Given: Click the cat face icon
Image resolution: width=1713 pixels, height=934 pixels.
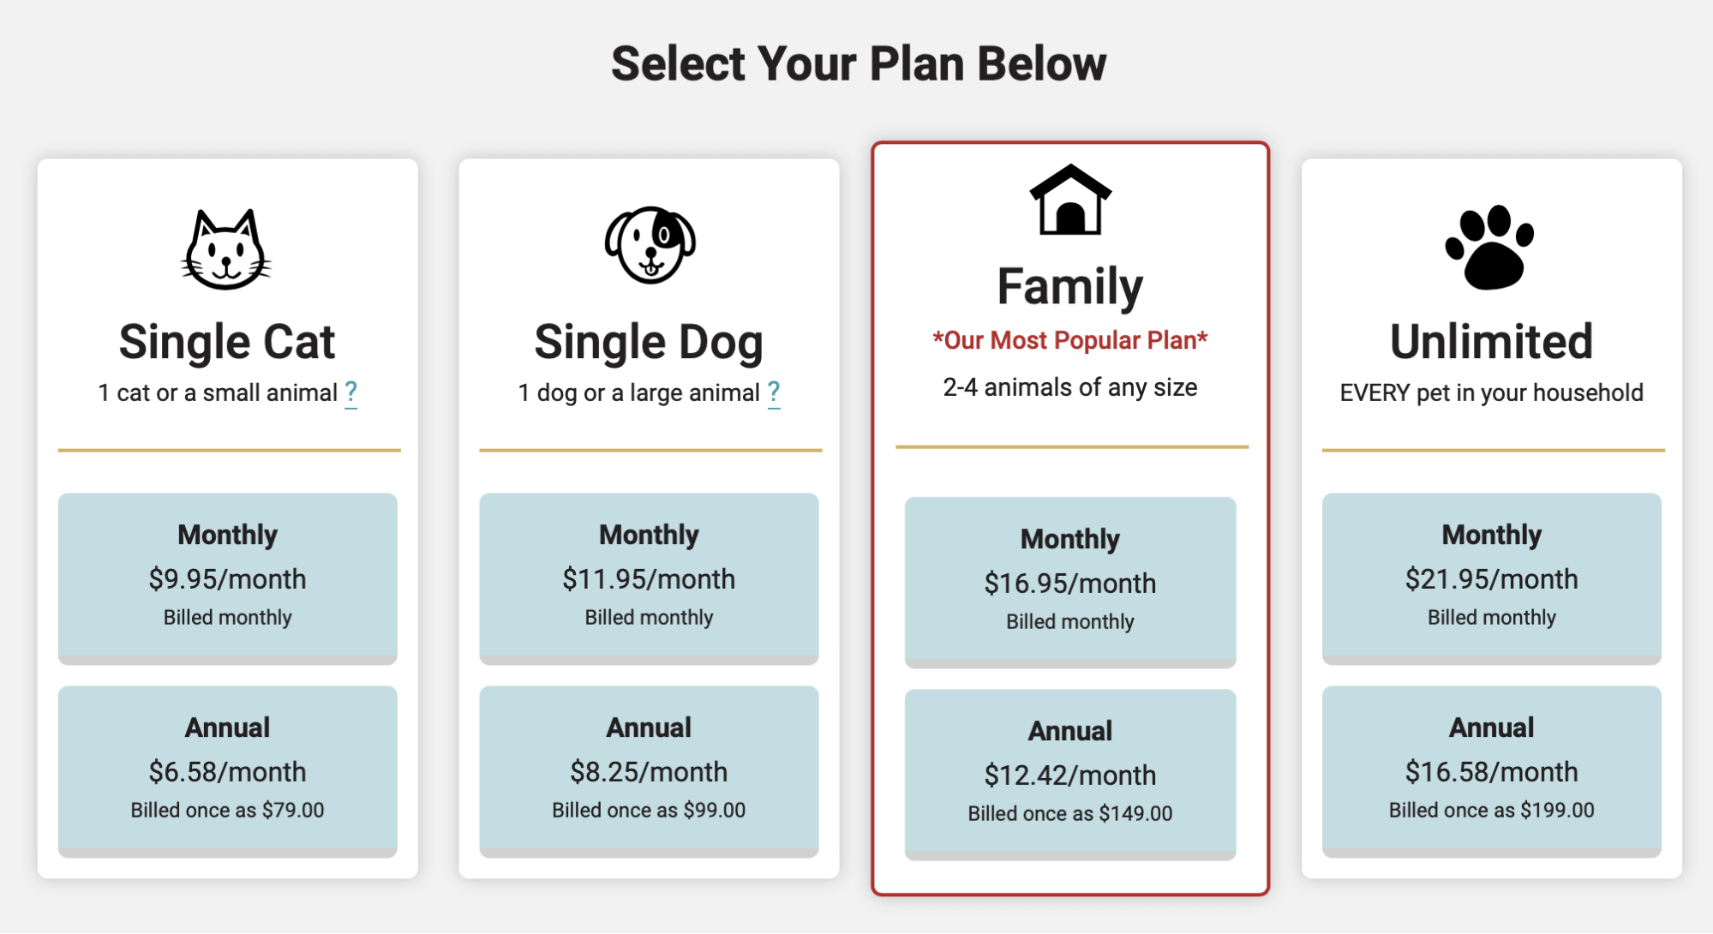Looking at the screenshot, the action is click(x=226, y=249).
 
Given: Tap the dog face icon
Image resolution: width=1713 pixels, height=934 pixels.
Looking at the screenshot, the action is click(x=650, y=245).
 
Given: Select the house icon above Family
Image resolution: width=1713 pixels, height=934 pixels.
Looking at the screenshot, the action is click(x=1070, y=199).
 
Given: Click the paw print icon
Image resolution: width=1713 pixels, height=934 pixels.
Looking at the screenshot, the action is click(x=1490, y=247).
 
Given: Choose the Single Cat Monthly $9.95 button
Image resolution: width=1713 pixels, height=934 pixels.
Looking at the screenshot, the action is click(x=228, y=578).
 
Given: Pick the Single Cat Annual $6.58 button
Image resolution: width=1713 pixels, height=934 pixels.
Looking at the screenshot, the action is click(x=228, y=770).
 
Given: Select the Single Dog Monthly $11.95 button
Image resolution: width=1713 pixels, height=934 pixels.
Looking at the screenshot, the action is click(x=649, y=578).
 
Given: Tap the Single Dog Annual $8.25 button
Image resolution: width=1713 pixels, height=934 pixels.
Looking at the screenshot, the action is click(x=649, y=770).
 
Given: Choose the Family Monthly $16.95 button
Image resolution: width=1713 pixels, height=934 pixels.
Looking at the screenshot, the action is click(x=1070, y=582).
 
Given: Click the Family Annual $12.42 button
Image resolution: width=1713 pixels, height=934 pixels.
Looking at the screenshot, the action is click(x=1070, y=774).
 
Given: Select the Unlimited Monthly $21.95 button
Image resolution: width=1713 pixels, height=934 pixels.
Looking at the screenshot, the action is click(x=1492, y=578).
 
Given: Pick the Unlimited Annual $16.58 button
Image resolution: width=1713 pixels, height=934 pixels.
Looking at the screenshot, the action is click(x=1492, y=770).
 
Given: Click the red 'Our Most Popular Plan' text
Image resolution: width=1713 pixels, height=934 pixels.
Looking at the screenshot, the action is click(x=1070, y=340).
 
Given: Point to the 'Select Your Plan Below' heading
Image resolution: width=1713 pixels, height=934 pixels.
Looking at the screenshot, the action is click(x=859, y=63).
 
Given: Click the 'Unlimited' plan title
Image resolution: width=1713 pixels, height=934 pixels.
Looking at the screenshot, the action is click(x=1492, y=341).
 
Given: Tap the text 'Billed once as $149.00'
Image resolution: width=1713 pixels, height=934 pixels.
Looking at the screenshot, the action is click(x=1070, y=813).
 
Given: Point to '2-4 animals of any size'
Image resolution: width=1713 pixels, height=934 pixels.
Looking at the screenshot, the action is click(x=1070, y=387).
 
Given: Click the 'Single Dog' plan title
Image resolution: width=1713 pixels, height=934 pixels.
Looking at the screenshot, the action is click(x=649, y=343).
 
